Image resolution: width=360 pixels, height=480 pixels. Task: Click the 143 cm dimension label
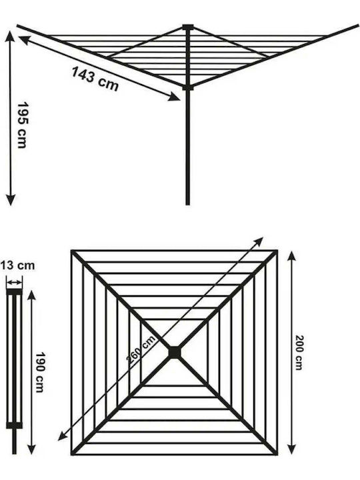click(95, 79)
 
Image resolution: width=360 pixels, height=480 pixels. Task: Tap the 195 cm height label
click(22, 125)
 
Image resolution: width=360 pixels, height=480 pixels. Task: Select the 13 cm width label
click(17, 265)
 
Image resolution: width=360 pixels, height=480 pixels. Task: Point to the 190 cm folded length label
click(40, 372)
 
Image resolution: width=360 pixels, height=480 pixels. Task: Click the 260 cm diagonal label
click(141, 349)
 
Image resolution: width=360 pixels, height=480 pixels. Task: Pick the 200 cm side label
click(299, 353)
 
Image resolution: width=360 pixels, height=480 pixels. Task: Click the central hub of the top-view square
click(175, 353)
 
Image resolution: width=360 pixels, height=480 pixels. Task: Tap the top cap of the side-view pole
click(188, 27)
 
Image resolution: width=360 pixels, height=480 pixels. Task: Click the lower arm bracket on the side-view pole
click(188, 88)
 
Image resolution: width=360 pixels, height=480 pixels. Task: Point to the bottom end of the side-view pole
click(187, 203)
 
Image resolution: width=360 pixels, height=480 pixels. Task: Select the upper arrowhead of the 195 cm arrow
click(11, 36)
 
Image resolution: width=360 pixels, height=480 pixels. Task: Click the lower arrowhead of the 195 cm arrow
click(11, 200)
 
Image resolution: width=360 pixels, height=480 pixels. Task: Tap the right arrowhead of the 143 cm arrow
click(174, 97)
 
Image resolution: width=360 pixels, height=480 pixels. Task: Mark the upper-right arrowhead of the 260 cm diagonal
click(259, 241)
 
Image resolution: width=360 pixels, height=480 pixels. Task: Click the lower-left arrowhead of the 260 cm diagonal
click(63, 436)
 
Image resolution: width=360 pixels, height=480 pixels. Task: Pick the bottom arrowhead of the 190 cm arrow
click(31, 449)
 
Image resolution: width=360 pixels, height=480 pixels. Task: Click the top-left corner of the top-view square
click(72, 251)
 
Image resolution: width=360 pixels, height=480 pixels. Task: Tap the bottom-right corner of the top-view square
click(277, 454)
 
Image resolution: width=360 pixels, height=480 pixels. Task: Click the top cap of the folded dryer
click(15, 292)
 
